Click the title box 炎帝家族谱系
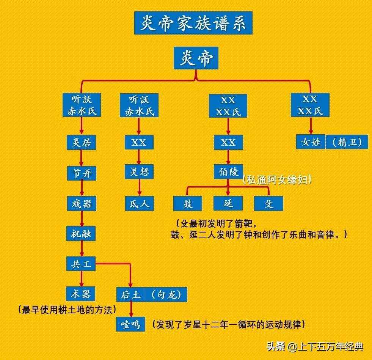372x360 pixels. click(x=193, y=23)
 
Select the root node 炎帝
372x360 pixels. click(x=196, y=58)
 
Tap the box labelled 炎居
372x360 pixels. click(x=82, y=142)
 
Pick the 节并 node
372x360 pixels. click(x=82, y=173)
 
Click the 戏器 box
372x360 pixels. click(x=82, y=203)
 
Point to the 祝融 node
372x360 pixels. click(x=81, y=234)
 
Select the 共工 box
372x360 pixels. click(x=81, y=264)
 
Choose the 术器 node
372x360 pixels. click(x=81, y=294)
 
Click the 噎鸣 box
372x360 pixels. click(x=131, y=324)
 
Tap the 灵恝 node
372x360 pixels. click(x=139, y=171)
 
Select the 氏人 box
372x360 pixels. click(x=140, y=203)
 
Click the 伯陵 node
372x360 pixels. click(x=228, y=171)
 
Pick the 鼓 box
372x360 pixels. click(x=188, y=203)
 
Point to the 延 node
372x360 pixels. click(x=228, y=203)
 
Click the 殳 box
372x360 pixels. click(x=268, y=203)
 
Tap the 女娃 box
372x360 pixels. click(x=311, y=142)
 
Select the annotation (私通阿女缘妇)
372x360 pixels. click(x=277, y=180)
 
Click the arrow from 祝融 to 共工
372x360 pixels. click(x=82, y=248)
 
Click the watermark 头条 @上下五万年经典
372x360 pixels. click(x=315, y=347)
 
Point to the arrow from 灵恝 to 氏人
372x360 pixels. click(x=140, y=187)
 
